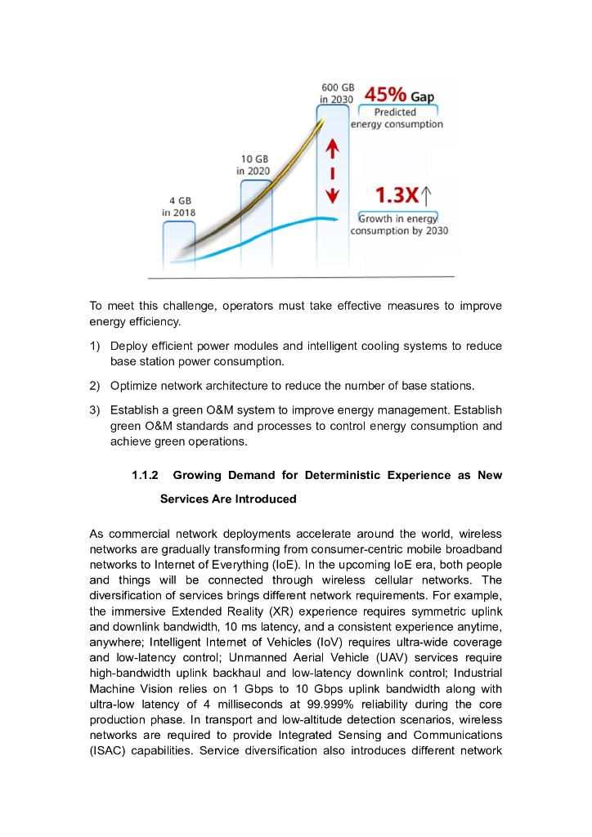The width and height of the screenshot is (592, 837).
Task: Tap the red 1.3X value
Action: pyautogui.click(x=397, y=196)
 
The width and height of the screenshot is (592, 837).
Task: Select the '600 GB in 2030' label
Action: pyautogui.click(x=337, y=93)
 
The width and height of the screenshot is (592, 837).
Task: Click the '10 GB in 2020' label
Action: pyautogui.click(x=253, y=164)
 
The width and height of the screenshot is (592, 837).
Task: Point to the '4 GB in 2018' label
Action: pyautogui.click(x=178, y=206)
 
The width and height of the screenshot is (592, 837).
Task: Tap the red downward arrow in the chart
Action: pyautogui.click(x=333, y=195)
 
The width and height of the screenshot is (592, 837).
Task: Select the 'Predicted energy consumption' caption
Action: pyautogui.click(x=397, y=119)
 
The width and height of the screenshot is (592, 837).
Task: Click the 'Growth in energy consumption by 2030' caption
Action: pyautogui.click(x=398, y=225)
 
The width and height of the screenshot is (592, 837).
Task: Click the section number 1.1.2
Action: pyautogui.click(x=149, y=475)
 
